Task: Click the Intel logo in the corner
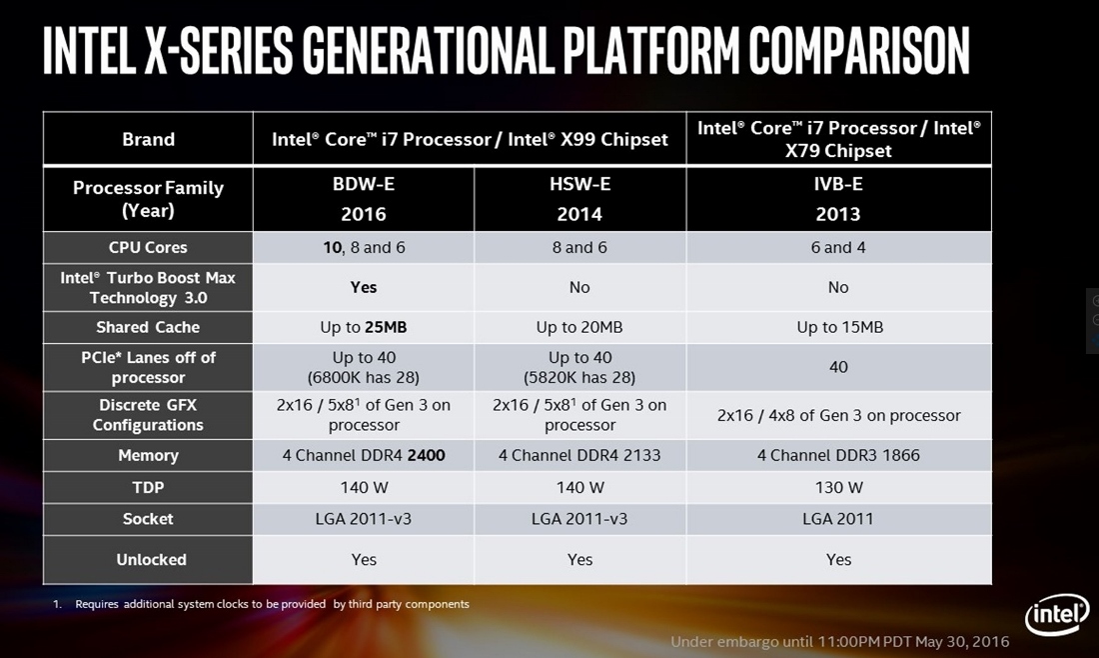coord(1055,615)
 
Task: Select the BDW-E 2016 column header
coord(364,200)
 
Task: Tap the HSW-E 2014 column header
coord(579,200)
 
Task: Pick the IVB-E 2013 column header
coord(838,200)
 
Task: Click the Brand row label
coord(148,139)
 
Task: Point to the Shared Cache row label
coord(148,327)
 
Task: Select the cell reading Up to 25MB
coord(364,327)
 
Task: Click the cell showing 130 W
coord(838,487)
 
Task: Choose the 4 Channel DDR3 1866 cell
coord(838,455)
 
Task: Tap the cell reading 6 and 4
coord(838,247)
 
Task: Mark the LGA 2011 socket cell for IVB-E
coord(838,519)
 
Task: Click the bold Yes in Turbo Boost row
coord(364,287)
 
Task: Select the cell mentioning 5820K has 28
coord(579,367)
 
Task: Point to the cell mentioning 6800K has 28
coord(364,367)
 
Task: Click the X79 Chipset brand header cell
coord(838,139)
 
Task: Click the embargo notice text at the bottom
coord(839,641)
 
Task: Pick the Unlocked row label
coord(148,560)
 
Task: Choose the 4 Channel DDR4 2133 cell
coord(579,455)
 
